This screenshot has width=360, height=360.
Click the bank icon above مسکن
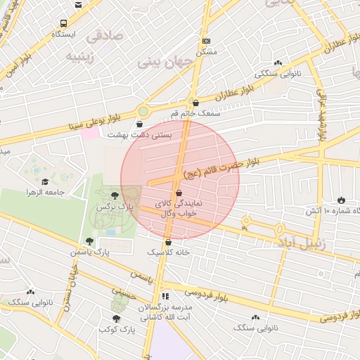205,41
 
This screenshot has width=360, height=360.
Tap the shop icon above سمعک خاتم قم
195,103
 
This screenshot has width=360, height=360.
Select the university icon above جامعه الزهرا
44,181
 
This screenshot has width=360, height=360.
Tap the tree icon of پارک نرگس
114,194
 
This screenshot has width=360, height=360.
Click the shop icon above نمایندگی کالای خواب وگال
178,192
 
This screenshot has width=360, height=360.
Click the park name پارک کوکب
117,329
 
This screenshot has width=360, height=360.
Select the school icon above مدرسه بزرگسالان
166,297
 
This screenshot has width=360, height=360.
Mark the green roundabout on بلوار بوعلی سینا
143,110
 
